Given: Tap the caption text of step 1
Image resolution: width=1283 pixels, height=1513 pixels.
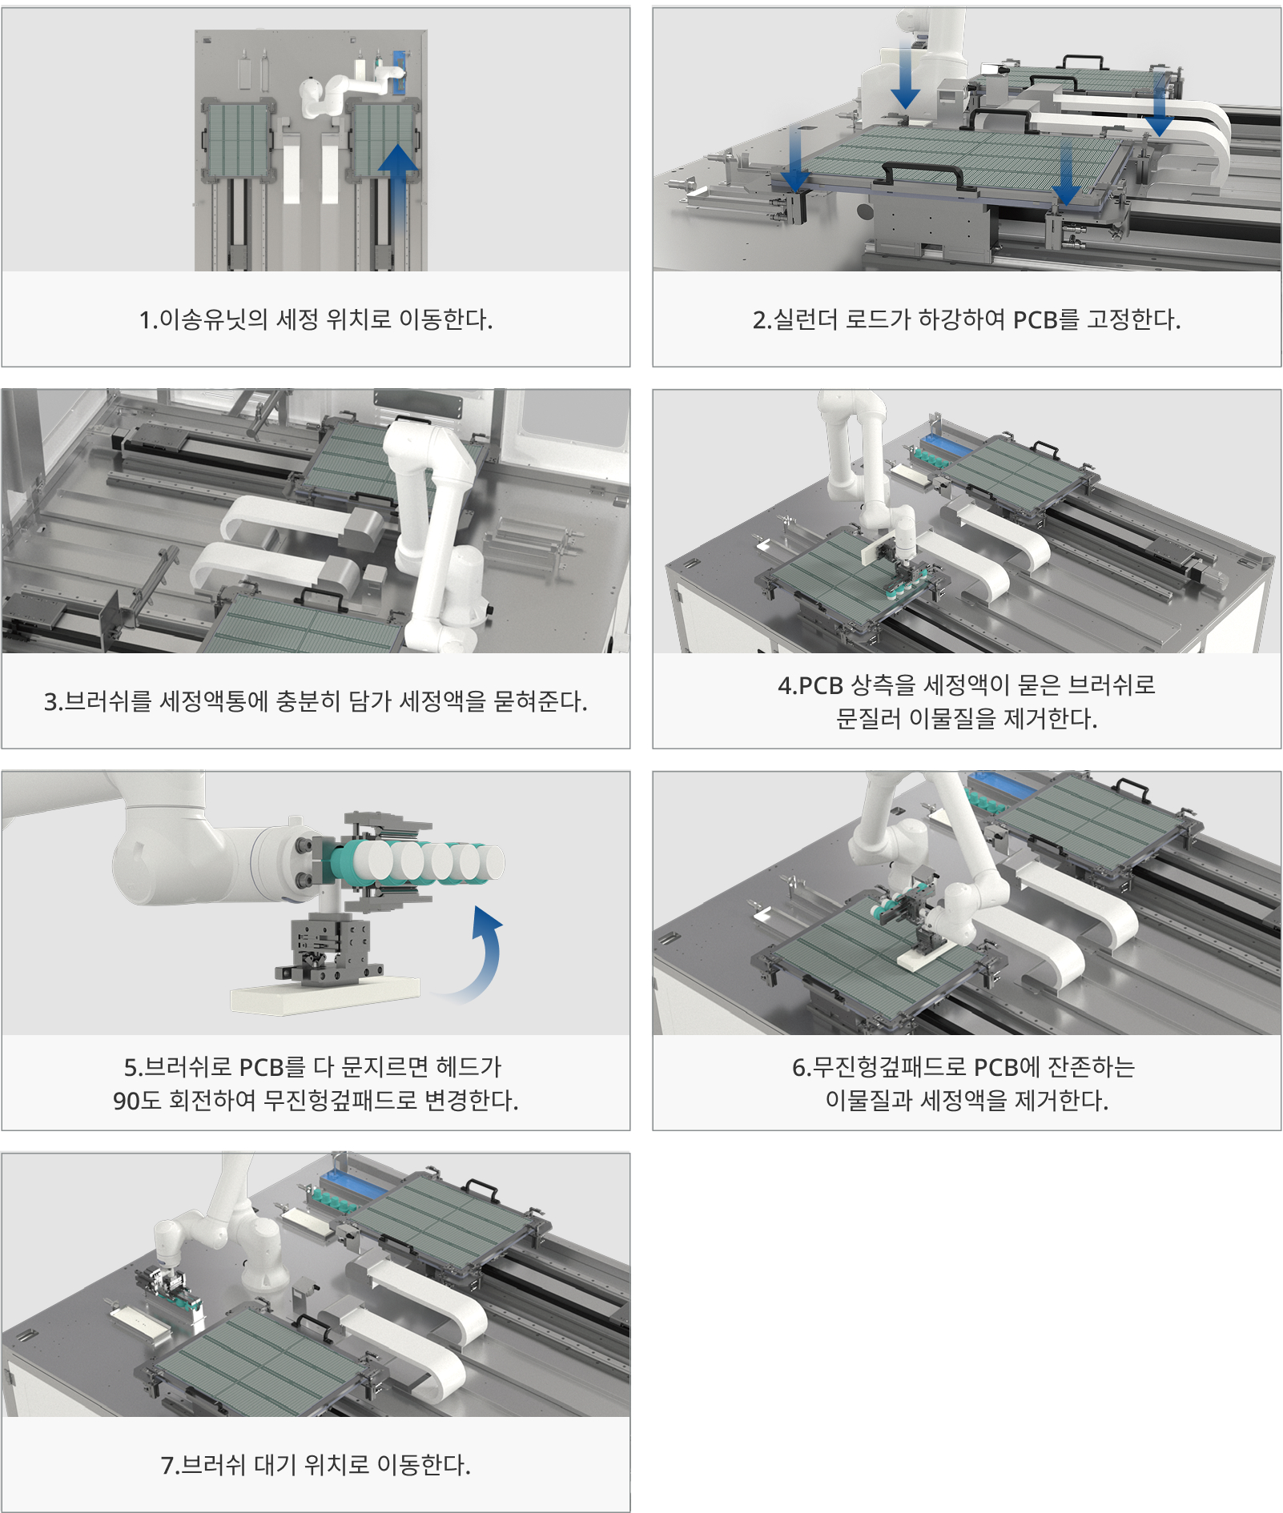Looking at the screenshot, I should pos(316,319).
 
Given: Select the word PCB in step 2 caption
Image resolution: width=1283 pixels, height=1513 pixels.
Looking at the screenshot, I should pos(1035,320).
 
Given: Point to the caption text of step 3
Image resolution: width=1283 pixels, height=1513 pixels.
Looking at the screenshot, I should pos(316,701).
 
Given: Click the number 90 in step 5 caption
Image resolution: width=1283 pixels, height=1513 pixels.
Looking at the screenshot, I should pos(126,1101).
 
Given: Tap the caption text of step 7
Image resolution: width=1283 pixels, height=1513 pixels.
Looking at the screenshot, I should pos(316,1465).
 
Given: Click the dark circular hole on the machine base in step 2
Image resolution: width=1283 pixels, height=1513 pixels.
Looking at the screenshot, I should pos(864,211).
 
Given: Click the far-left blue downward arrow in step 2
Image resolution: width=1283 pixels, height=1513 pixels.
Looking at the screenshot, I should pos(794,160).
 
